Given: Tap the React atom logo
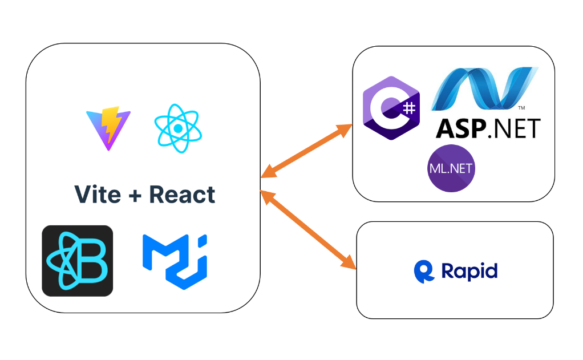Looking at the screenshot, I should click(178, 128).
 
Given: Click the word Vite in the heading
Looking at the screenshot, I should click(98, 195).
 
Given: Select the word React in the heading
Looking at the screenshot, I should click(182, 195).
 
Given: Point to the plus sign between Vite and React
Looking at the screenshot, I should click(135, 195).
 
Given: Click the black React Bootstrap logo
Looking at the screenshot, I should click(78, 261).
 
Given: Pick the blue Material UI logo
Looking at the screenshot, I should click(174, 261).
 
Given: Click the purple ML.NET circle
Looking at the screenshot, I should click(451, 168).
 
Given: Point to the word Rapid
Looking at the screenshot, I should click(469, 271).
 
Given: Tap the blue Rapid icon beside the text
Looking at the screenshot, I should click(424, 271).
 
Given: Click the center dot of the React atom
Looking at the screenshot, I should click(178, 129).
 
